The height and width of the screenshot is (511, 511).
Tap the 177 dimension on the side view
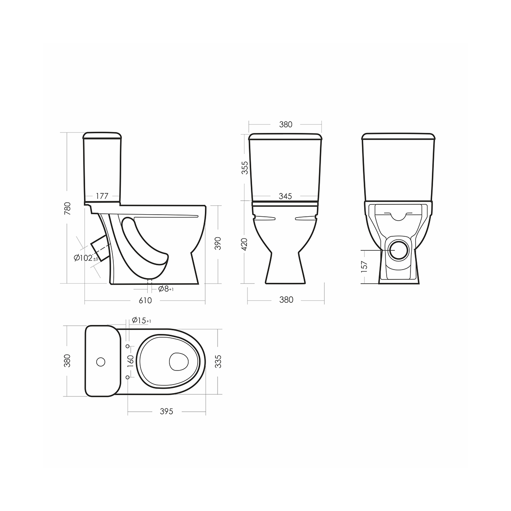pos(102,196)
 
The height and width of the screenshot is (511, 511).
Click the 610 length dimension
pos(145,300)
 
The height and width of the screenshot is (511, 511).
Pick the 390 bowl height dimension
pos(218,244)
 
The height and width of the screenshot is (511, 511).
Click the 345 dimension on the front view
pos(285,196)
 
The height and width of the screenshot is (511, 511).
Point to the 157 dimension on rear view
pos(364,266)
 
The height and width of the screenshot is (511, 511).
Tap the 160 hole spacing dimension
pos(131,361)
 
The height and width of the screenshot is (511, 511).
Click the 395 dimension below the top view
pos(167,412)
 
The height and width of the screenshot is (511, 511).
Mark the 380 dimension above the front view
pos(285,124)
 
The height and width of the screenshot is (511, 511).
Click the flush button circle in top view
pos(101,362)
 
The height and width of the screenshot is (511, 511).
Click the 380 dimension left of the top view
pos(66,361)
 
